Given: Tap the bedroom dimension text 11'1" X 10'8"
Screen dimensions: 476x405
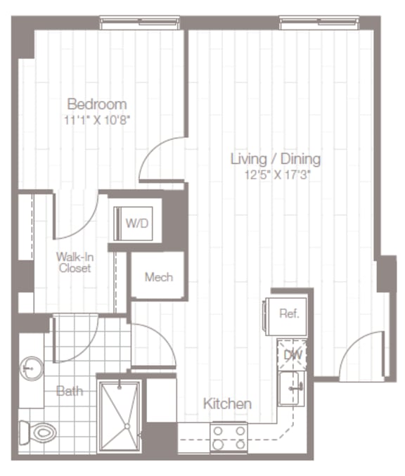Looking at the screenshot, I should click(96, 120).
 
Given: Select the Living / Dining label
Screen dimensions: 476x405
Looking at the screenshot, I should click(275, 159).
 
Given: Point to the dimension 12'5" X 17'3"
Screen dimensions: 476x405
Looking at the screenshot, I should click(275, 174).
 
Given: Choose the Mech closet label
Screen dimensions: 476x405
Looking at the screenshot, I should click(157, 276).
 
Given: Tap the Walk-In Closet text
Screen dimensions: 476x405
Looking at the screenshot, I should click(75, 262).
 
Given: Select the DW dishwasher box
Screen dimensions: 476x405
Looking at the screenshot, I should click(292, 354).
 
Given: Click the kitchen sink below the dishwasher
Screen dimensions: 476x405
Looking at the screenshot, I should click(291, 389).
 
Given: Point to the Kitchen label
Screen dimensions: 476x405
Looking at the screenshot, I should click(227, 404).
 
